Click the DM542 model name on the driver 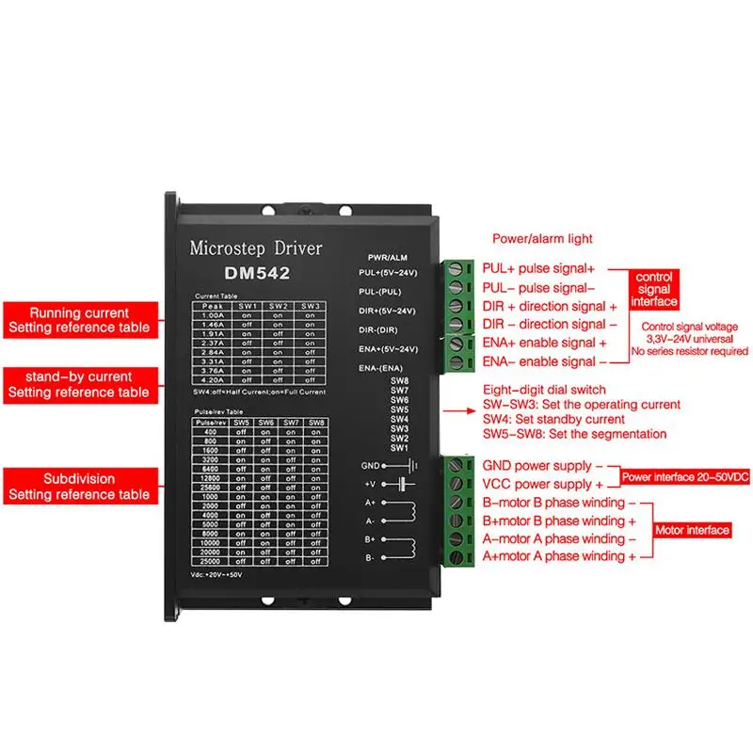pyautogui.click(x=256, y=274)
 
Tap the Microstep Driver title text pyautogui.click(x=256, y=249)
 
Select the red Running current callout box pyautogui.click(x=79, y=320)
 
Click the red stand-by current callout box pyautogui.click(x=79, y=384)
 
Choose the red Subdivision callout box pyautogui.click(x=79, y=487)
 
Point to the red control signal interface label pyautogui.click(x=654, y=290)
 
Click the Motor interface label pyautogui.click(x=693, y=531)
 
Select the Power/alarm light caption pyautogui.click(x=542, y=239)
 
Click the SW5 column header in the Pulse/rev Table pyautogui.click(x=242, y=422)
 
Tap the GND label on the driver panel pyautogui.click(x=368, y=465)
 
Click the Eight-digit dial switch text pyautogui.click(x=543, y=389)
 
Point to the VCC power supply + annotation pyautogui.click(x=537, y=484)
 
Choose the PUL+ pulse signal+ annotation pyautogui.click(x=538, y=268)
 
